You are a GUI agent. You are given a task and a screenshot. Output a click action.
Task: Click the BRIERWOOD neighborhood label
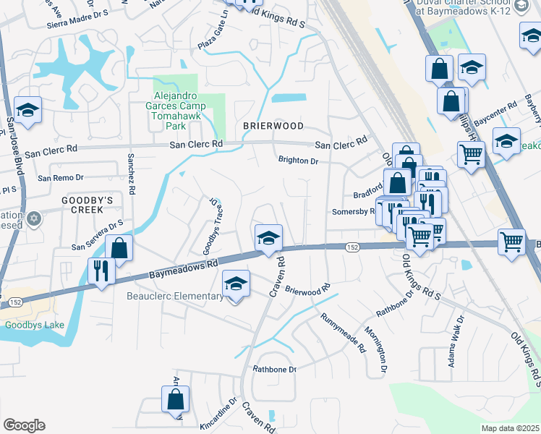[x=273, y=126]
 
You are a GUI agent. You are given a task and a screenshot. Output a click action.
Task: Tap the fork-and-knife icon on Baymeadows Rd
[x=100, y=271]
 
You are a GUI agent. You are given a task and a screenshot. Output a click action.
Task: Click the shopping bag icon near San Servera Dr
[x=119, y=248]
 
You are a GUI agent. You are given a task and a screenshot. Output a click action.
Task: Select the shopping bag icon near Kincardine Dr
[x=175, y=399]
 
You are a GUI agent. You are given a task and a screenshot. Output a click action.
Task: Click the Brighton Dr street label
[x=298, y=161]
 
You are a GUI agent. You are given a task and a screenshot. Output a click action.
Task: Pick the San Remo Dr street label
[x=61, y=177]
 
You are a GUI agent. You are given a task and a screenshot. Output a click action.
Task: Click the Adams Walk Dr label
[x=456, y=340]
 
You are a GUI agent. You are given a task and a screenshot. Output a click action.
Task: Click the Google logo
[x=24, y=425]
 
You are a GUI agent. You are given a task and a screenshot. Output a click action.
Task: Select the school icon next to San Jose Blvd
[x=27, y=110]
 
